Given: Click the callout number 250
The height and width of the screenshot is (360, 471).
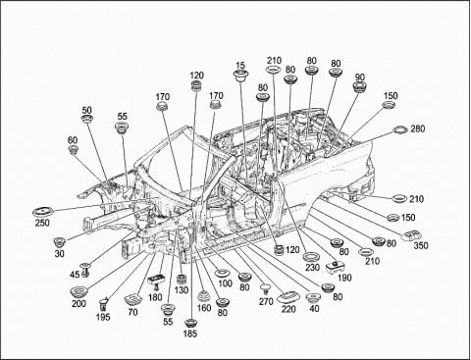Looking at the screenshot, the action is pos(42,223).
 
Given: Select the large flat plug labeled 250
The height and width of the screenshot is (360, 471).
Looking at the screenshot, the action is pos(43,211).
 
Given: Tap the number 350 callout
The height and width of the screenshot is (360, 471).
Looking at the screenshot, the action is pos(421,245).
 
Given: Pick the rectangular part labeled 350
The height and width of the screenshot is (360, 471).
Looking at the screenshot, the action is pos(411,235).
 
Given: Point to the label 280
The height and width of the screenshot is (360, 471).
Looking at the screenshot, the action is pos(418,129).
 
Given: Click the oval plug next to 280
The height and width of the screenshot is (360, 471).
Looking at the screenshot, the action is pos(399,129).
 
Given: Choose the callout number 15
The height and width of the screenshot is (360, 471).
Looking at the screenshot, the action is pos(240,65).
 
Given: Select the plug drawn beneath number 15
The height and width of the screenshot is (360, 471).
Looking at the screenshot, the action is pos(240,76).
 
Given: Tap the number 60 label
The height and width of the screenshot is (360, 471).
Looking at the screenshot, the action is pos(73,140).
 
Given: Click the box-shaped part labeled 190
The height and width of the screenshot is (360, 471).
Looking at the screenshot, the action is pos(335,267).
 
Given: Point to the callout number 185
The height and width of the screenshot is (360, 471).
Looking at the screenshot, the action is pos(190,334).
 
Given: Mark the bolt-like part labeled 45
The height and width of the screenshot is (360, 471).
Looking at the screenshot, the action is pos(86,270).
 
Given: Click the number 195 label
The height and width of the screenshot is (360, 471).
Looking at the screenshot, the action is pos(103,317).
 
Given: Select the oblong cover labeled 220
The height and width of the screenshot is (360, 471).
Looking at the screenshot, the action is pos(288,296).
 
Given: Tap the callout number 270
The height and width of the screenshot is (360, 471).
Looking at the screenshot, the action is pos(266,301).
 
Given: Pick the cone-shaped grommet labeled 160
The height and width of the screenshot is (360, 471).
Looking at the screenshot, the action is pos(204,296).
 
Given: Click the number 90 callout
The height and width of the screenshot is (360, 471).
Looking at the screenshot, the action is pos(359,77).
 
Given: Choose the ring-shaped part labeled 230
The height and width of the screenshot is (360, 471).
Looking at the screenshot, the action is pos(311,256).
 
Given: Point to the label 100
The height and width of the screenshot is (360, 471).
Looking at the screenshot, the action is pos(225,283).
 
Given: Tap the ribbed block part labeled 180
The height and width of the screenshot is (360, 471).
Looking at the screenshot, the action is pos(156,282).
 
